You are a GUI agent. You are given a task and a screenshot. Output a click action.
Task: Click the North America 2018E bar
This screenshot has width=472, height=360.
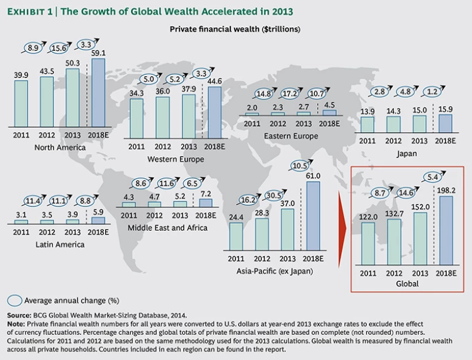coord(98,92)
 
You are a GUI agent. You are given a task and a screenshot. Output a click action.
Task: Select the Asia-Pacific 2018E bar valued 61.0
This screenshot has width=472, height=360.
coord(313,216)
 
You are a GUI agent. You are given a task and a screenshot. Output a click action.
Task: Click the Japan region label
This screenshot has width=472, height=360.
coord(407,154)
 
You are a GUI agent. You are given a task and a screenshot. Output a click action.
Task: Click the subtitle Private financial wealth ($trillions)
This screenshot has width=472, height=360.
coord(235,29)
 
